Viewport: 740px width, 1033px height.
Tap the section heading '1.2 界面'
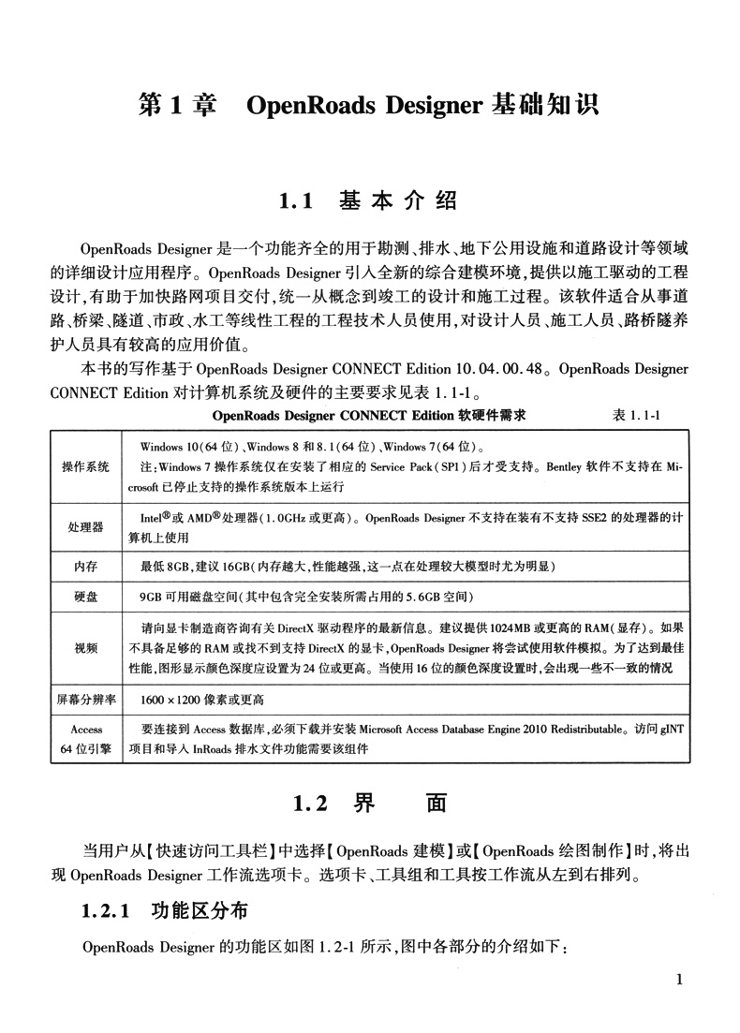coord(370,804)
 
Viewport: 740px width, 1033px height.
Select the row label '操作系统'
coord(85,466)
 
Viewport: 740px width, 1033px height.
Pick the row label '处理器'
coord(85,527)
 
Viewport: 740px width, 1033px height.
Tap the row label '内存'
coord(85,567)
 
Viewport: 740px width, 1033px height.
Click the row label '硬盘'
coord(85,597)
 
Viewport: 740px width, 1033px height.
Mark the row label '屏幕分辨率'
coord(85,699)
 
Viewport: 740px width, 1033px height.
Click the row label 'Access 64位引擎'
coord(85,738)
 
